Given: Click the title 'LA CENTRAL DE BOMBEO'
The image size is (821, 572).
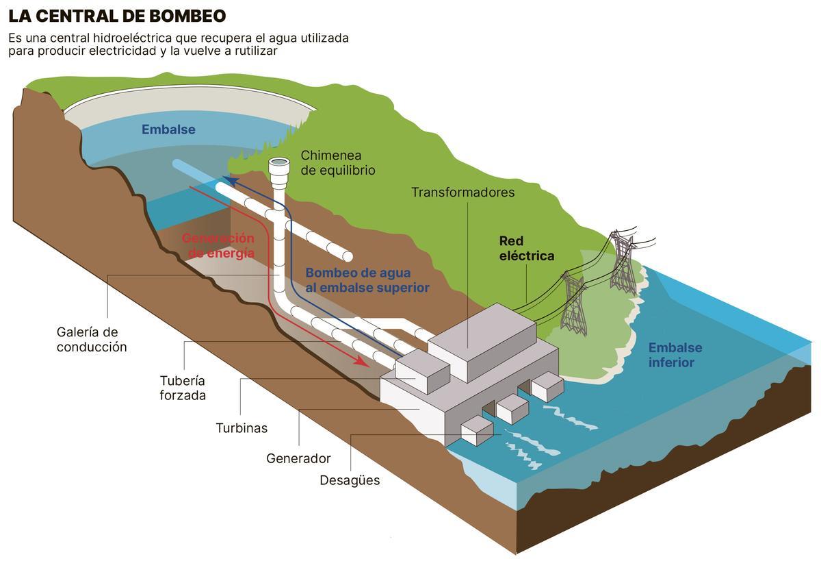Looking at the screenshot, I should (x=117, y=16).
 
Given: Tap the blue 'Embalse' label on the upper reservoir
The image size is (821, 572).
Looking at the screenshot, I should (x=168, y=129).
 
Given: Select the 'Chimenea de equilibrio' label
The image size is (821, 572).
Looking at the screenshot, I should (x=338, y=163).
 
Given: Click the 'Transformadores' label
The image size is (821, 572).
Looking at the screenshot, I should (x=462, y=192).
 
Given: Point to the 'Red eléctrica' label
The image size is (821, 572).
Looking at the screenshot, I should (x=526, y=249).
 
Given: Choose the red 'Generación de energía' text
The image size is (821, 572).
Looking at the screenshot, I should (x=218, y=245).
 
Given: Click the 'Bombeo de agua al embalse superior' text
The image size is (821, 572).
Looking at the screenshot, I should (x=367, y=279).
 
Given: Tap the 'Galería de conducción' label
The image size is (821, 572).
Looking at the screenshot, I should (x=92, y=340).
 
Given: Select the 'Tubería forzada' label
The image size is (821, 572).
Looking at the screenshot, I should (x=183, y=388).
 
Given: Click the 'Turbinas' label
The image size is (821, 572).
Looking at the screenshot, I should (x=242, y=428).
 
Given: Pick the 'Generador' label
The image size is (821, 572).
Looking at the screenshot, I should (x=298, y=458).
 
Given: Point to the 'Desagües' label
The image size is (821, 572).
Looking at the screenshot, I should (x=350, y=480).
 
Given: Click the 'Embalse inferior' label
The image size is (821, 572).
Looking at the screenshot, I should (x=675, y=355).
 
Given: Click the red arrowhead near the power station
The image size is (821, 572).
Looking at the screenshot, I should (x=363, y=361).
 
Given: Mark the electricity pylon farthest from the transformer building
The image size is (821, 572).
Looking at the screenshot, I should (x=623, y=264).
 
